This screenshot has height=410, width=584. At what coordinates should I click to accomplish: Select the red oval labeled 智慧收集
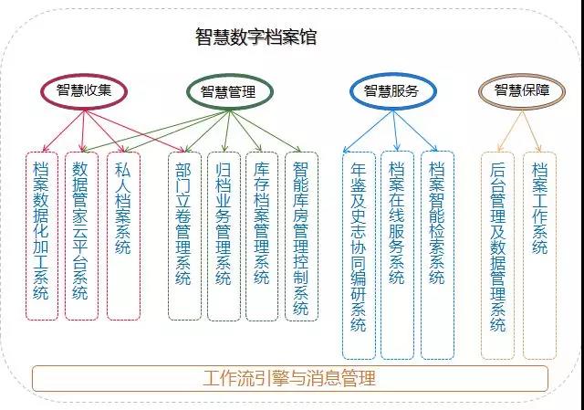[83, 89]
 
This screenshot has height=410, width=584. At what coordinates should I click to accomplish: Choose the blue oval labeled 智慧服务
[391, 89]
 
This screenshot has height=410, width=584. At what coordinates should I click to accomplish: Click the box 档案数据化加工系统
[42, 235]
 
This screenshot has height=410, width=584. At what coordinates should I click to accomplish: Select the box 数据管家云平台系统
[82, 235]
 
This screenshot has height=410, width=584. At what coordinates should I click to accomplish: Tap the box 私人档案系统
[123, 235]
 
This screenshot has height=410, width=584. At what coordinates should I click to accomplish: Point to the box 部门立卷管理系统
[184, 235]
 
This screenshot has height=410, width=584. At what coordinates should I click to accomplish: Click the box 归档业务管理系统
[224, 235]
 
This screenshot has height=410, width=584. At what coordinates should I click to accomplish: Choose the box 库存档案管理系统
[262, 235]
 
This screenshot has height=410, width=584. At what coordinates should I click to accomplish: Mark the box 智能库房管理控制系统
[300, 235]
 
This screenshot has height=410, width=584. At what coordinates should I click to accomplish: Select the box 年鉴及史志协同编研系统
[359, 255]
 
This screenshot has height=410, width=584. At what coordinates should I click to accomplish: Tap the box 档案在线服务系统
[397, 255]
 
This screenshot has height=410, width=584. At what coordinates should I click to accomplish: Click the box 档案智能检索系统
[436, 255]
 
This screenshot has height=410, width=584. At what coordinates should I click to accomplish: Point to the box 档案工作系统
[539, 255]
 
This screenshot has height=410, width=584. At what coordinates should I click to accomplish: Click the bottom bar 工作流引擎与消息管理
[290, 377]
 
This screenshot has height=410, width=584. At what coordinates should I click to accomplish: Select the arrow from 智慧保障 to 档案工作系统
[529, 128]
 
